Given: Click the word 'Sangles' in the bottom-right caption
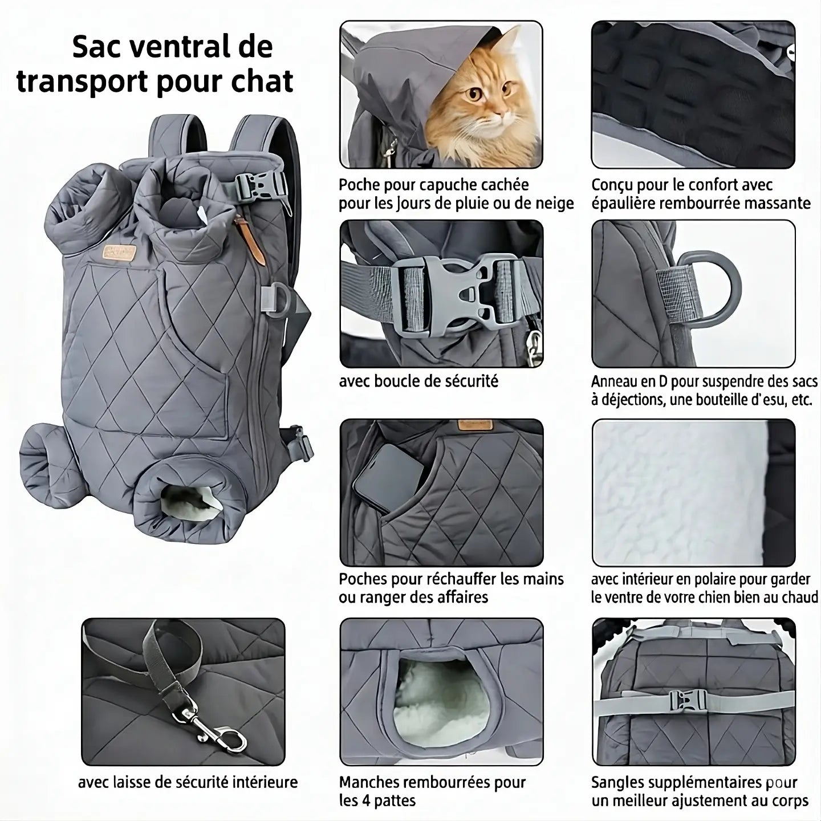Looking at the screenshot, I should point(618,782).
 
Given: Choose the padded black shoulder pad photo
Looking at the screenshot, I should point(693,94).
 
